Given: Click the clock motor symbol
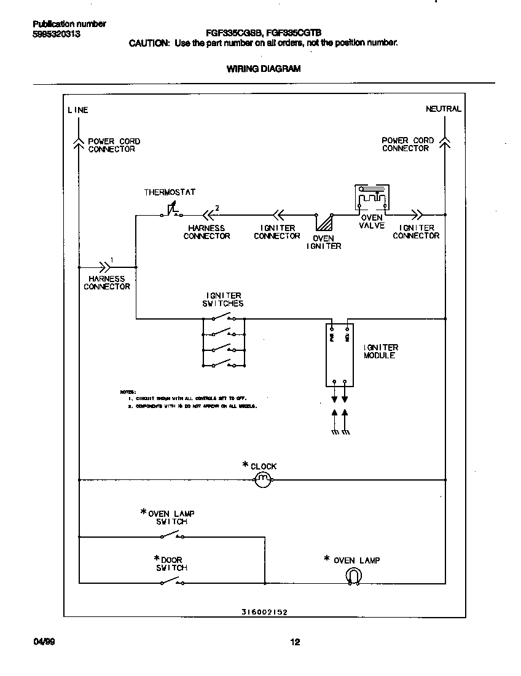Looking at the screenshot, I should tap(262, 479).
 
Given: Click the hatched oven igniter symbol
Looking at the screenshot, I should tap(324, 222).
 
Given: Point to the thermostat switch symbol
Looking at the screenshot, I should tap(170, 212).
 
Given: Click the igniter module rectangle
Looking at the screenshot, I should tap(340, 355).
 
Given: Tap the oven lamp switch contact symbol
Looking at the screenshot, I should tap(171, 536).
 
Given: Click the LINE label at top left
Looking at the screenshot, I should tap(78, 110).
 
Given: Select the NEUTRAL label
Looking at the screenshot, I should tap(443, 109).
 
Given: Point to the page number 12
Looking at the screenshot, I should tap(295, 642).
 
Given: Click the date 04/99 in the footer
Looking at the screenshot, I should tap(44, 642).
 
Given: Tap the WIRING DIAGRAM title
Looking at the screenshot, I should tap(264, 69).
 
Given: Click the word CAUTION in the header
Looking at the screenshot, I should tap(148, 43).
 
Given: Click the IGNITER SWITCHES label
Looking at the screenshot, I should tap(223, 299).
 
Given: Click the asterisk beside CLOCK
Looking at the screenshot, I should tap(245, 465).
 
